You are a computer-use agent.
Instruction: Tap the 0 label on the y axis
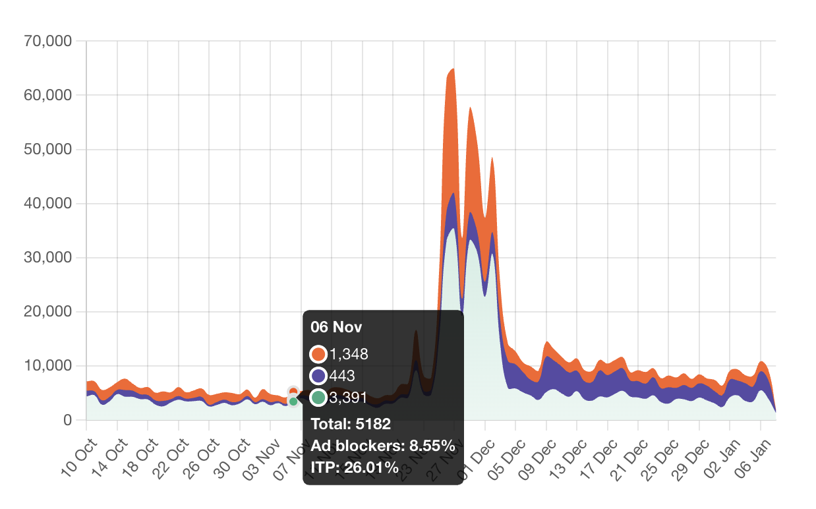[x=67, y=420]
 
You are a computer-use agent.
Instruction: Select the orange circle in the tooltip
[x=318, y=354]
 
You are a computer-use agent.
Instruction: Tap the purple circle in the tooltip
[x=318, y=376]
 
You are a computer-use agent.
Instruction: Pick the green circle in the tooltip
[x=318, y=398]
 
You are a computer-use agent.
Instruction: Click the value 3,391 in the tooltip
[x=349, y=398]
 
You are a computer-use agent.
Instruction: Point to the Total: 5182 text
[x=351, y=424]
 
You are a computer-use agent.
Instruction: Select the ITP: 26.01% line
[x=355, y=468]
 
